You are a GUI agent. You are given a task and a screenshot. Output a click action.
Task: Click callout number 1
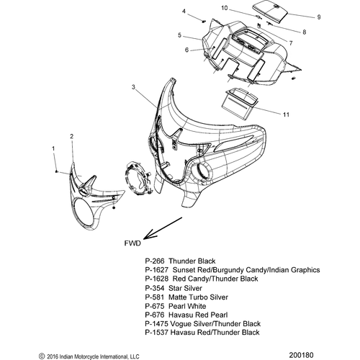53,148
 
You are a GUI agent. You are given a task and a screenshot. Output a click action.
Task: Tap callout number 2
71,136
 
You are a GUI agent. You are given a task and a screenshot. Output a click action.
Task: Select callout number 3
133,87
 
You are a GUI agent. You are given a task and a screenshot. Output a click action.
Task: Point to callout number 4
184,12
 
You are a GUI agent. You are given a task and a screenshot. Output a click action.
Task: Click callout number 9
319,17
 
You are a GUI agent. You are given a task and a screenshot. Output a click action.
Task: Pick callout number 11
286,114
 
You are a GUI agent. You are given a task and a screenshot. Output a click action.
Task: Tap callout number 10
224,8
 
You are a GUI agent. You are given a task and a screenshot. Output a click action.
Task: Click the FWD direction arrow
163,228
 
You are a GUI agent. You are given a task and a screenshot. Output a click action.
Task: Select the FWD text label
132,243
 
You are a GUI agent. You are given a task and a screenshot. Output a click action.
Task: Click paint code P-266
155,261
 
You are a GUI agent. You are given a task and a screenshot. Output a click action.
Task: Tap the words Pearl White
187,306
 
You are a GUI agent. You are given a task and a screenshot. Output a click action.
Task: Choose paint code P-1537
156,333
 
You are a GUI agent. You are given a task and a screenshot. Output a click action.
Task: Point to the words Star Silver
185,288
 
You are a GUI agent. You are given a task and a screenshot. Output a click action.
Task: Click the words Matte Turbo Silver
198,297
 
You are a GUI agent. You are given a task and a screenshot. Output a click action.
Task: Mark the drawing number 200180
301,355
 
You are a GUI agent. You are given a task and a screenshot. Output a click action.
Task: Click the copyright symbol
42,356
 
